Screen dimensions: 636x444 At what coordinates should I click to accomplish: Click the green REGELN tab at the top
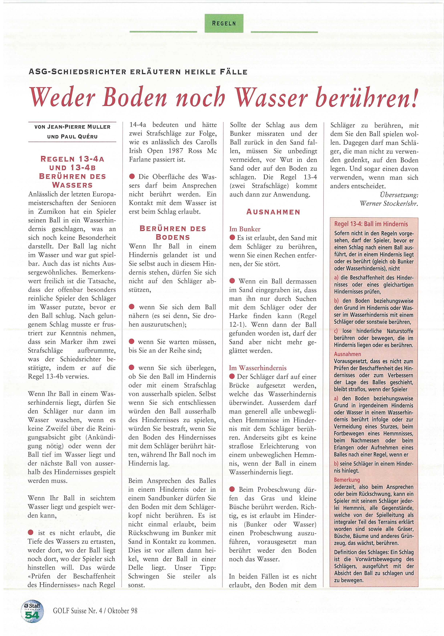pos(224,23)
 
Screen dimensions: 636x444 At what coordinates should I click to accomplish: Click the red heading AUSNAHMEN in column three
pos(273,212)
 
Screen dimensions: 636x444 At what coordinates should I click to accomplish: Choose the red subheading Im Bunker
pos(245,229)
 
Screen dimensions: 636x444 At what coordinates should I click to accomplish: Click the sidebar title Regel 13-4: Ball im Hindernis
pos(371,224)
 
